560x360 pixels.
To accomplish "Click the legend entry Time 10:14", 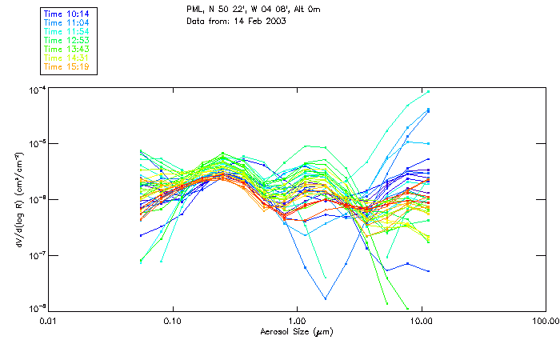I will tap(66, 14).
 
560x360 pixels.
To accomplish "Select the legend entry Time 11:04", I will tap(66, 22).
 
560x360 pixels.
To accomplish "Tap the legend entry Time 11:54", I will tap(66, 31).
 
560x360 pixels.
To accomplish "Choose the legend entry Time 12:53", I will tap(66, 40).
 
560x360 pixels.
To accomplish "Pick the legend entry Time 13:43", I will tap(66, 49).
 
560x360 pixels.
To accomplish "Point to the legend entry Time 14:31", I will tap(66, 58).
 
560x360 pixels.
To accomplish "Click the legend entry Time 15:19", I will tap(66, 66).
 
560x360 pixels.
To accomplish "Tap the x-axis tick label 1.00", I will tap(297, 322).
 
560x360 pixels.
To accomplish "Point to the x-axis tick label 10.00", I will tap(421, 322).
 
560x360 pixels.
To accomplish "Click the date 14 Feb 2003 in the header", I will tap(259, 21).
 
